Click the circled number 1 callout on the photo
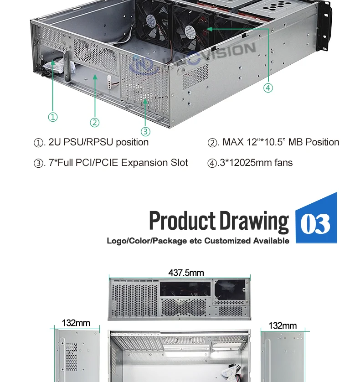click(53, 117)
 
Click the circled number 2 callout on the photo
click(94, 122)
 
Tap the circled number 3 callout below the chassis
click(145, 132)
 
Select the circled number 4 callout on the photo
click(268, 88)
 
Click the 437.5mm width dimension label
click(186, 273)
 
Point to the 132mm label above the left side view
click(76, 323)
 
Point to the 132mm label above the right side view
click(283, 325)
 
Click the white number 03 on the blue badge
click(315, 224)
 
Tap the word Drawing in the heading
click(254, 221)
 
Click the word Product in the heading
click(182, 221)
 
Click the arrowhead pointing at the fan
click(209, 29)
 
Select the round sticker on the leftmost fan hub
click(151, 21)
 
